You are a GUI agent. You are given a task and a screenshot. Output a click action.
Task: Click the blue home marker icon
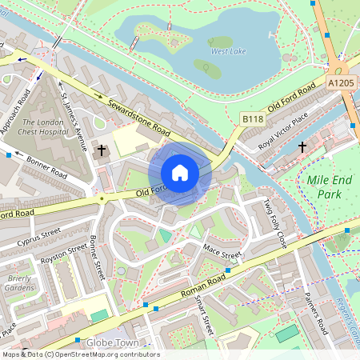(180, 173)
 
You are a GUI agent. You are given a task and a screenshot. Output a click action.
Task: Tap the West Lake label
(228, 51)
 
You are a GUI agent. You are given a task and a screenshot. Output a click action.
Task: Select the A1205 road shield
(342, 82)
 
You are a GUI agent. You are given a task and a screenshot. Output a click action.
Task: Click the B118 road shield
(253, 118)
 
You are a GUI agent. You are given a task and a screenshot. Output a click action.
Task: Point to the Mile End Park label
(329, 187)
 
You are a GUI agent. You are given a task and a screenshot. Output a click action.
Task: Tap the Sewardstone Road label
(130, 115)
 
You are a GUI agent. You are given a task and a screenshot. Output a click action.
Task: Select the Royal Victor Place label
(278, 132)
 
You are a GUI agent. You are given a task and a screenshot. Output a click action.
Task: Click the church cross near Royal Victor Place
(302, 147)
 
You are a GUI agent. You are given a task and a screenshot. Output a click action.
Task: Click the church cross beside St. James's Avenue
(102, 150)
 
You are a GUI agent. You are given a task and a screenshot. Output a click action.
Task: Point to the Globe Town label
(113, 343)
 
